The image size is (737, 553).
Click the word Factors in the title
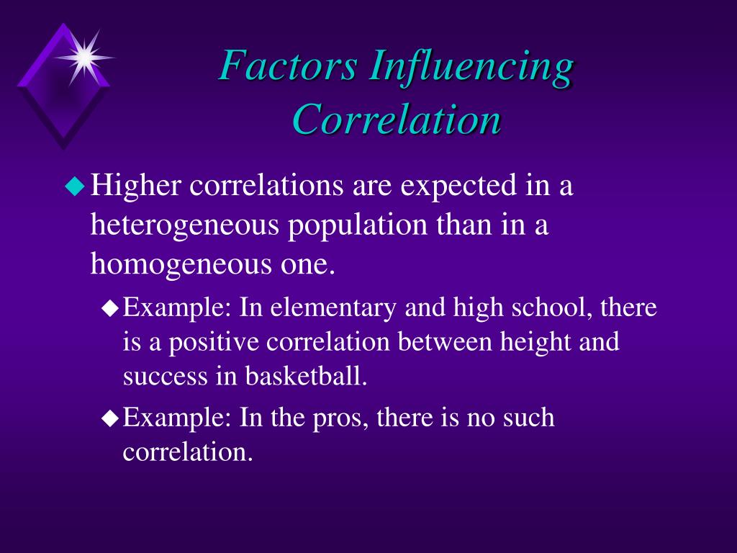pos(287,65)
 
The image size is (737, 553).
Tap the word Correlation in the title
pos(397,119)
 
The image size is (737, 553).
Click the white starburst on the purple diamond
pos(85,58)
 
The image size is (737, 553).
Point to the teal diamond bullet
pos(75,186)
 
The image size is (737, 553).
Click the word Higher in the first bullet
pos(135,186)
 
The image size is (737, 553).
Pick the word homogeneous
pos(181,264)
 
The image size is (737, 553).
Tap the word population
pos(358,225)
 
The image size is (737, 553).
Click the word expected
pos(458,186)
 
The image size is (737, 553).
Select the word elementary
pos(333,308)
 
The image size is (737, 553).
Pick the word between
pos(445,341)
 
